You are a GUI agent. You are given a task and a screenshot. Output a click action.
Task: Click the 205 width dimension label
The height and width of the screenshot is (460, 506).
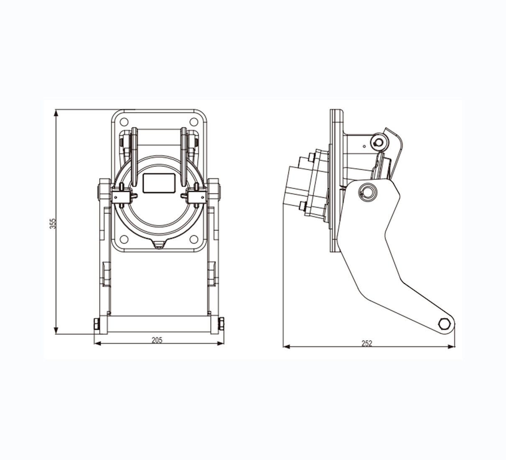(157, 340)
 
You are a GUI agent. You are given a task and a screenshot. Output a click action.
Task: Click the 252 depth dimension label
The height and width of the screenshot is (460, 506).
(367, 344)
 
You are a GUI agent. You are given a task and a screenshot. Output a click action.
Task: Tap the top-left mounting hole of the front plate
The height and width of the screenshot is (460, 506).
(124, 122)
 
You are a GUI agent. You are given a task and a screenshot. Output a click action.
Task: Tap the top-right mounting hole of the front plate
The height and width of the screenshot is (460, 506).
(194, 122)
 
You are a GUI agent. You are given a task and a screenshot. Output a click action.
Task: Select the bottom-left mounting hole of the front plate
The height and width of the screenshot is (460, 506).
(124, 239)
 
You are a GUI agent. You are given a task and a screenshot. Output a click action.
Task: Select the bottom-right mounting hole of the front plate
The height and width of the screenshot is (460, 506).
(194, 239)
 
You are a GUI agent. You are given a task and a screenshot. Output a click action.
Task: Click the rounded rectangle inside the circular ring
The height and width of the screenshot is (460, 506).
(159, 183)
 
